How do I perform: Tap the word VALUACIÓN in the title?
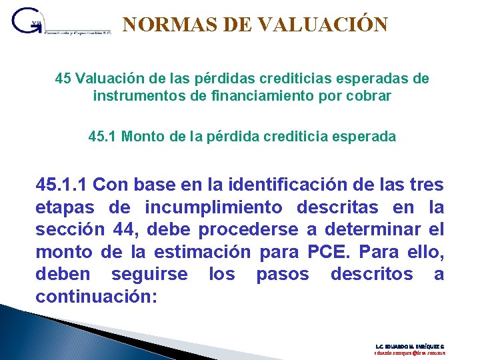(322, 25)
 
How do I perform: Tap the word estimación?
(201, 252)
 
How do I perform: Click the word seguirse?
(149, 275)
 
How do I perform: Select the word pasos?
(283, 275)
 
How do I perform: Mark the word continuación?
(96, 297)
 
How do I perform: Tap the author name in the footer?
(409, 347)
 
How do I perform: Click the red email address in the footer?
(409, 354)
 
